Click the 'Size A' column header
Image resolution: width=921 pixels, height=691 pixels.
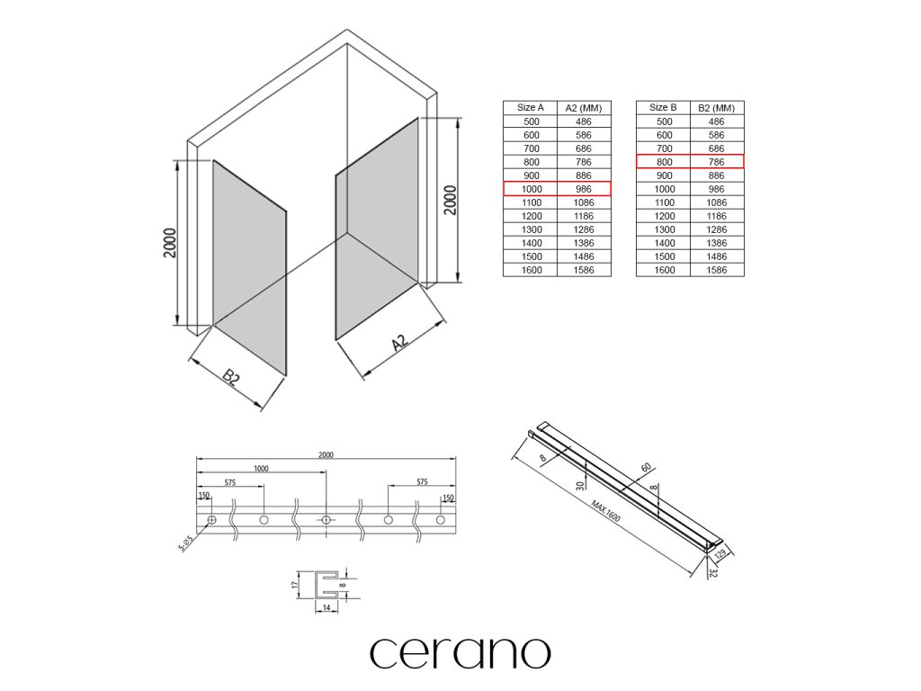531,108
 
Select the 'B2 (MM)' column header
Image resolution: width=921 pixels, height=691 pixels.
717,108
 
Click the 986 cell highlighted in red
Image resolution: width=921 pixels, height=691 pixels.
583,189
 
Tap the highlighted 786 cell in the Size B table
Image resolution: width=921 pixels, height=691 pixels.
717,162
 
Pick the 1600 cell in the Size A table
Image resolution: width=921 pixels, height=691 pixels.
531,270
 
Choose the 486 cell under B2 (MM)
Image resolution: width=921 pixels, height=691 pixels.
717,121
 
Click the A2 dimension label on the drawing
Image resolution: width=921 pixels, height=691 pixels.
400,344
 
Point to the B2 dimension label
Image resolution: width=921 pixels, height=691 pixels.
232,377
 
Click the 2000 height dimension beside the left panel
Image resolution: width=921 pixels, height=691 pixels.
170,243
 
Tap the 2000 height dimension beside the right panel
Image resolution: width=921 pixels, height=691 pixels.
451,200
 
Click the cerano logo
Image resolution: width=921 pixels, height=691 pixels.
460,652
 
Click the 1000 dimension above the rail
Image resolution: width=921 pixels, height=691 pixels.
261,469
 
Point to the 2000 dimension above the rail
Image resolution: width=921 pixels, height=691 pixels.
326,454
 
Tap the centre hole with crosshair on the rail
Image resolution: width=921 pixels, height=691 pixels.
326,521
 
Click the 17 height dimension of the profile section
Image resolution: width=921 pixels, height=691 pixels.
295,584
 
